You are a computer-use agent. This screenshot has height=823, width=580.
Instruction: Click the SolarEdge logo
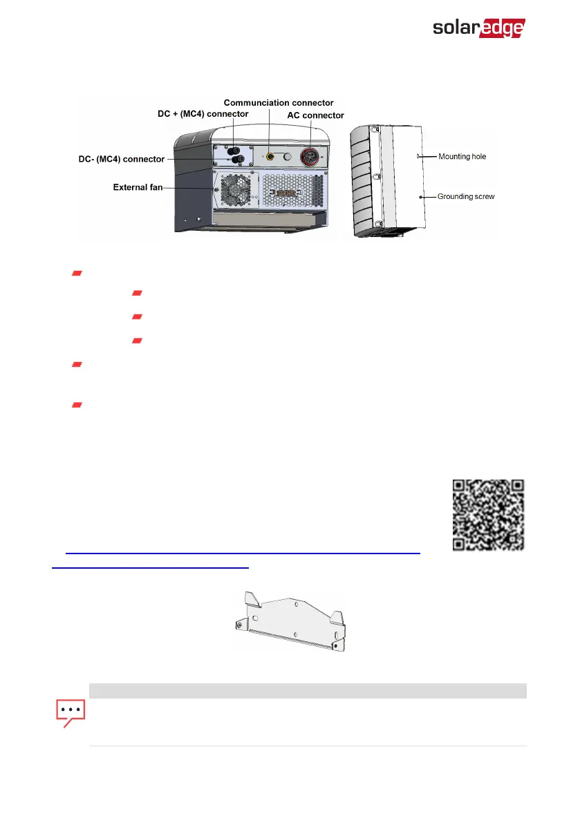click(x=478, y=28)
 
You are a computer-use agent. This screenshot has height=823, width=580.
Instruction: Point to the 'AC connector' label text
click(x=315, y=115)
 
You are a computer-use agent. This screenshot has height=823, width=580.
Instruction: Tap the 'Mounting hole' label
click(x=462, y=157)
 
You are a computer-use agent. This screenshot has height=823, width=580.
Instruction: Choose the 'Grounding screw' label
click(x=466, y=197)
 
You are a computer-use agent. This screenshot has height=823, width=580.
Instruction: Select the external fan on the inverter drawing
click(x=236, y=189)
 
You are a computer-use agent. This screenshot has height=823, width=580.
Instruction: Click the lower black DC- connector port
click(x=237, y=160)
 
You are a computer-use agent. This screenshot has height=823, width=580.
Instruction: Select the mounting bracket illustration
click(x=288, y=620)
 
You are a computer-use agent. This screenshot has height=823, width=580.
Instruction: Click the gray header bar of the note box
click(x=308, y=690)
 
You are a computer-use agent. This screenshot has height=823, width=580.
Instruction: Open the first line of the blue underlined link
click(x=242, y=553)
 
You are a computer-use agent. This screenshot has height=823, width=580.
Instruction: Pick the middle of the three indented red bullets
click(x=137, y=316)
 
